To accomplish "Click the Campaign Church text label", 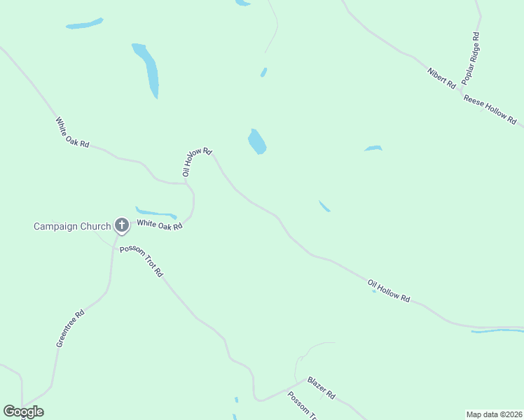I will [72, 226].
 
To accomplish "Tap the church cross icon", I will [121, 225].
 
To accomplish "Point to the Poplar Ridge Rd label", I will [471, 59].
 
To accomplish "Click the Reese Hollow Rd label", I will [490, 110].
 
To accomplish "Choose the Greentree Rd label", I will [70, 328].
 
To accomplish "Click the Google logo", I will [23, 412].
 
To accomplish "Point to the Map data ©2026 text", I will [494, 414].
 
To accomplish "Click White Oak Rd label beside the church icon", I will [160, 225].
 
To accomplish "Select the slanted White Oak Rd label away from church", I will [73, 132].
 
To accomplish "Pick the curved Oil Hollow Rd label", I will [195, 162].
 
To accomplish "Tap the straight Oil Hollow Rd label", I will [388, 290].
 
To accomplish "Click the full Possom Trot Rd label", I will [141, 261].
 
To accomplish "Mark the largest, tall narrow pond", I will [147, 70].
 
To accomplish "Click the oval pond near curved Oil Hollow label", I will [257, 141].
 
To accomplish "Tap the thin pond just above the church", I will [156, 212].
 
